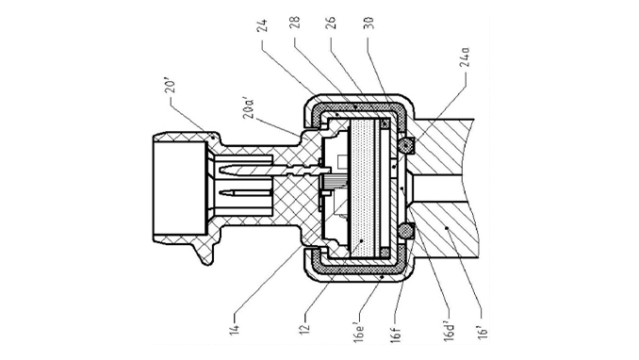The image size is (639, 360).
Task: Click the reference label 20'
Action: point(172,87)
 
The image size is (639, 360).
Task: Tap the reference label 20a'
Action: point(250,107)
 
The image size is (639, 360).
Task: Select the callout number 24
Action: point(263,25)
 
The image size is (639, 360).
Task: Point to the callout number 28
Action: point(296,23)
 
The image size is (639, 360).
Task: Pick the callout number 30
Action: point(369,23)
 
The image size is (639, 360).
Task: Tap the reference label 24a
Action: point(466,57)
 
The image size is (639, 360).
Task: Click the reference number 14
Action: point(236,329)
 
